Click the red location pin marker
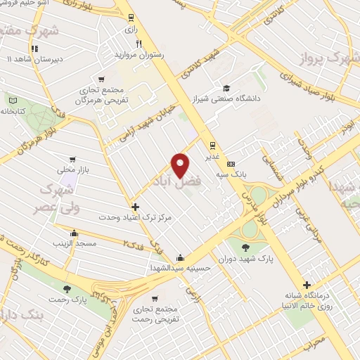(x=181, y=165)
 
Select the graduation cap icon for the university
(x=226, y=89)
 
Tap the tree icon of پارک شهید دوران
(x=245, y=247)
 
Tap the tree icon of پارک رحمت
(x=67, y=289)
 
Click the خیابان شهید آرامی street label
(x=136, y=127)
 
